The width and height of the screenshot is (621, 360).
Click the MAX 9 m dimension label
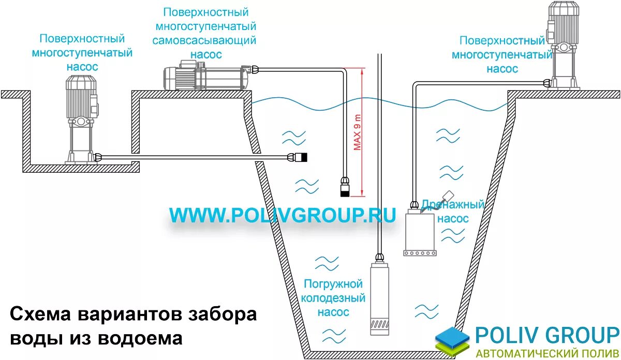pos(357,132)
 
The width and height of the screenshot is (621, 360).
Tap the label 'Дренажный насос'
pos(453,211)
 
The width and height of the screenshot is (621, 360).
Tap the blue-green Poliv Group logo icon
pos(452,339)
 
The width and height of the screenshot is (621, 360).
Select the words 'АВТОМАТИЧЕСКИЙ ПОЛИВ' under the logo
pos(546,354)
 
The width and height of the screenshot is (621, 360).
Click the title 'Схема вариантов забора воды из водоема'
pos(134,326)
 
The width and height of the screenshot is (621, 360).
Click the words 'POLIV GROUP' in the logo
pos(546,335)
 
